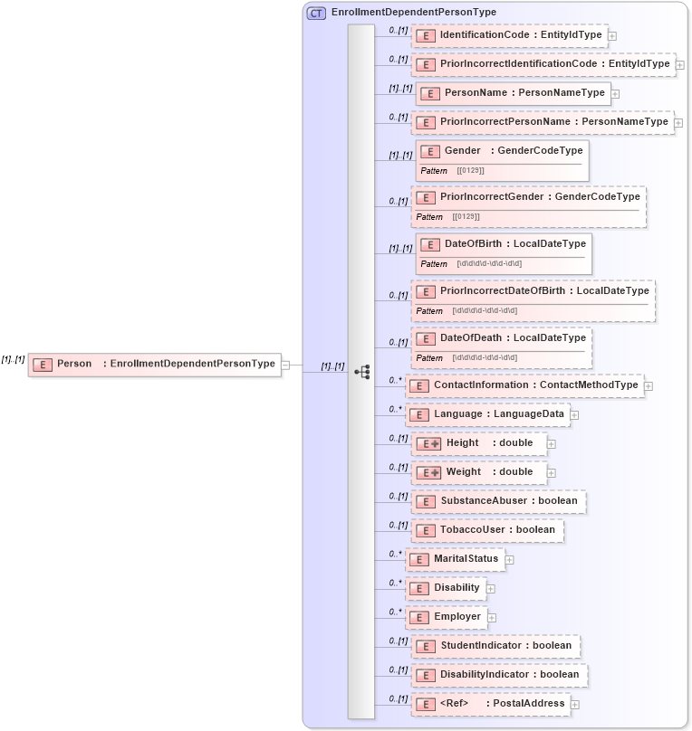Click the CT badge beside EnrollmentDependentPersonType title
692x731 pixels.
pyautogui.click(x=316, y=13)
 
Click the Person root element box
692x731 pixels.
pyautogui.click(x=155, y=364)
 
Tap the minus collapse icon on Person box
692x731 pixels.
pyautogui.click(x=285, y=365)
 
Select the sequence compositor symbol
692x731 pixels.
pyautogui.click(x=362, y=372)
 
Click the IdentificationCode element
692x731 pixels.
pyautogui.click(x=510, y=35)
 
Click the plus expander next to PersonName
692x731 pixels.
pyautogui.click(x=615, y=93)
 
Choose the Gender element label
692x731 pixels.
pyautogui.click(x=462, y=150)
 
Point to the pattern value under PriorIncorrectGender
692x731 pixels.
pyautogui.click(x=466, y=217)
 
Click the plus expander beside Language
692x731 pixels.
pyautogui.click(x=574, y=415)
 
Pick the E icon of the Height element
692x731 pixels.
pyautogui.click(x=428, y=444)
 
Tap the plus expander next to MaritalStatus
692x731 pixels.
pyautogui.click(x=509, y=560)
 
